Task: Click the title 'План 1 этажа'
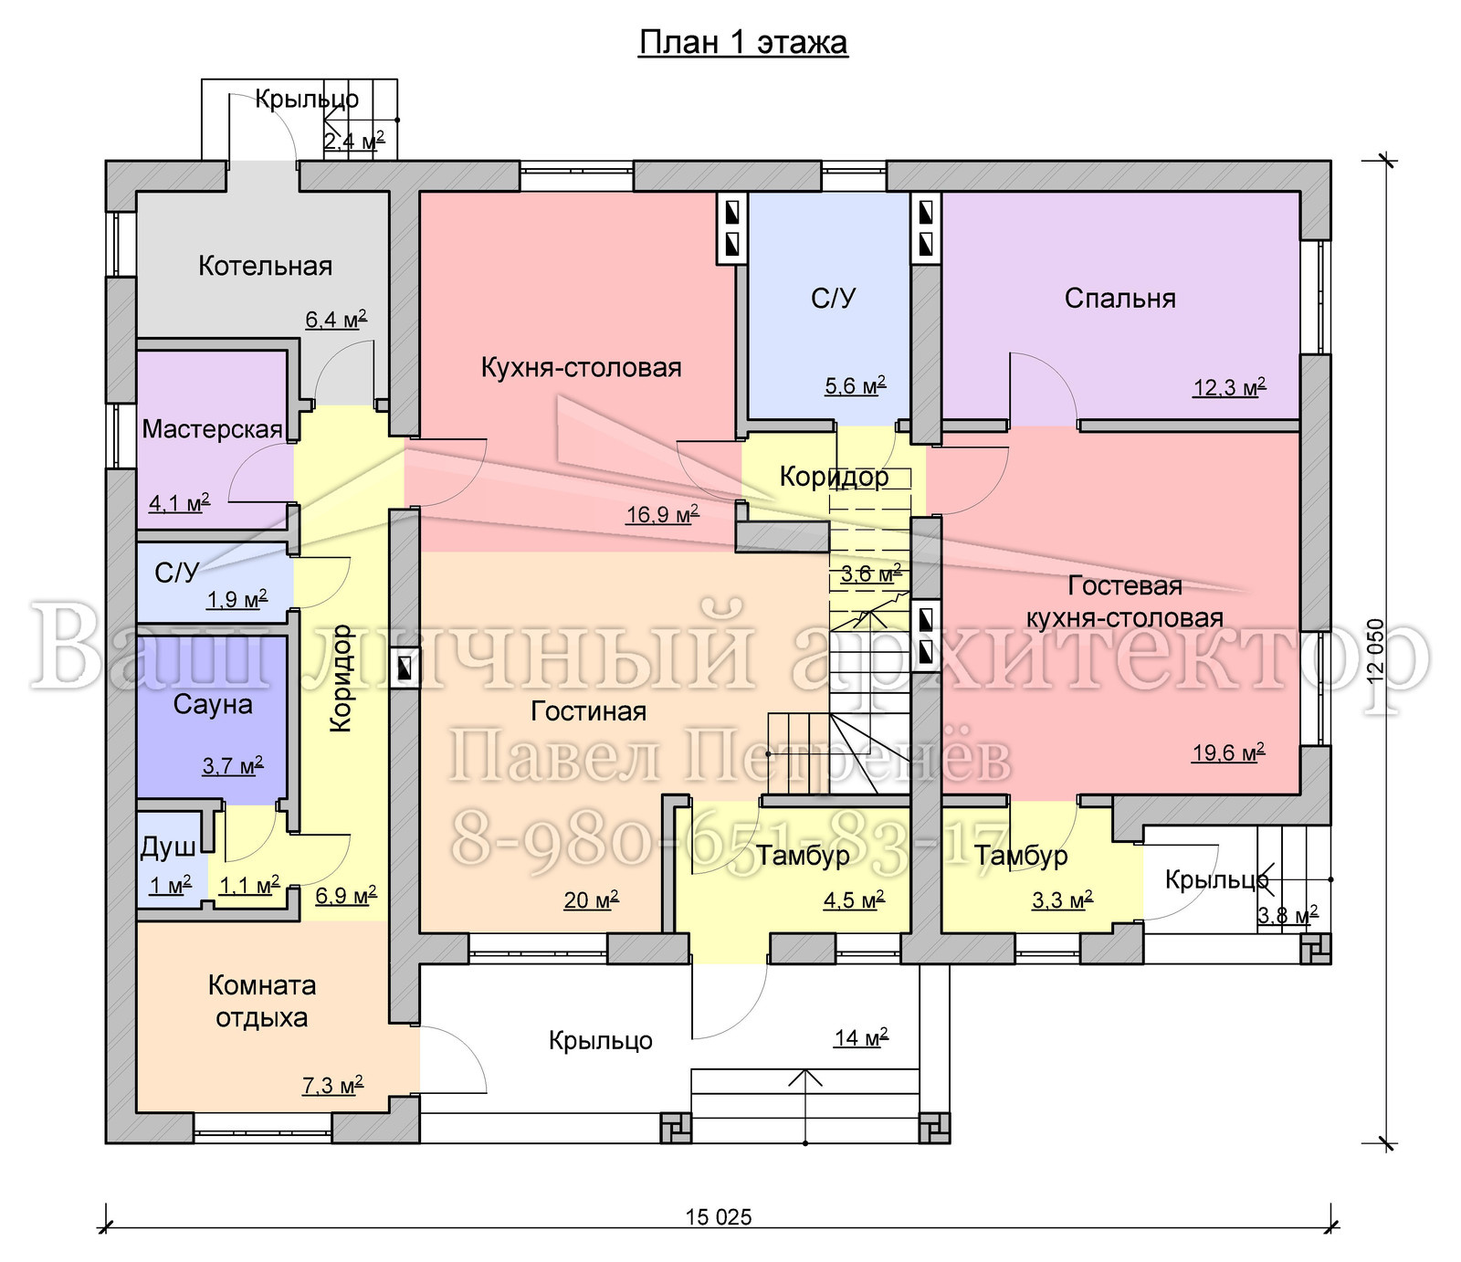(743, 43)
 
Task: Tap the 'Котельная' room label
(265, 266)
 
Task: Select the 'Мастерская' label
(212, 429)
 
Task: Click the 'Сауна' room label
(213, 704)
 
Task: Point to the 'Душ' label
(167, 848)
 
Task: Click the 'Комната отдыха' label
(262, 1001)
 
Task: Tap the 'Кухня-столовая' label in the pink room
(582, 367)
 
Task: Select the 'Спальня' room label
(1119, 299)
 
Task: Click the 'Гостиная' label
(589, 711)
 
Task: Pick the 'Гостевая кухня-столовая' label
(1125, 602)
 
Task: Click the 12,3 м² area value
(1229, 387)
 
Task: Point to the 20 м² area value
(591, 900)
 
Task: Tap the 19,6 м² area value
(1228, 752)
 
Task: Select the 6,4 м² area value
(336, 320)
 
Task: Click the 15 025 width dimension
(719, 1216)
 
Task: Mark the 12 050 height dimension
(1376, 651)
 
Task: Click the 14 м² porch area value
(861, 1037)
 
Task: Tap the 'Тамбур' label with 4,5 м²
(803, 856)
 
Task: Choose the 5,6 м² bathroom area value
(856, 385)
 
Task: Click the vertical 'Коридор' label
(341, 678)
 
